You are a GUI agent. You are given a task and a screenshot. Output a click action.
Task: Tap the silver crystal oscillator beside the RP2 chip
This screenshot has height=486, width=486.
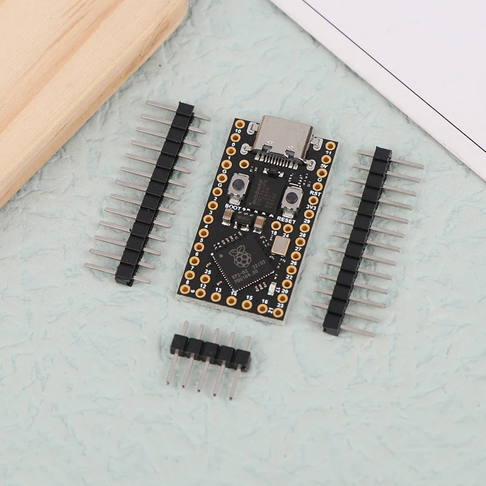[x=281, y=245]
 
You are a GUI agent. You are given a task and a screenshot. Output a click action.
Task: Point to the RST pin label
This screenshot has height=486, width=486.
[x=315, y=193]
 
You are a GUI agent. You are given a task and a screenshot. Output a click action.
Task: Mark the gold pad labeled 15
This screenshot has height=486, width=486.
[x=247, y=304]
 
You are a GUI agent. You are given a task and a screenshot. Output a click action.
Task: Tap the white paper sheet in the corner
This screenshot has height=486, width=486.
[x=395, y=49]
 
